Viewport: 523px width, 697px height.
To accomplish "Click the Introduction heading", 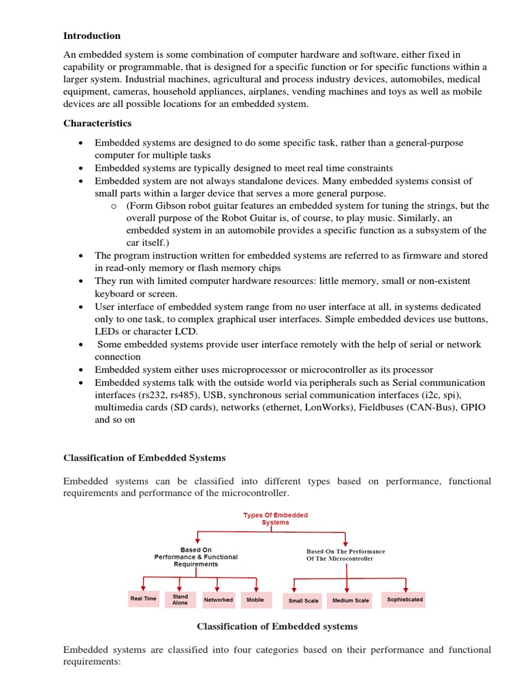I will (92, 35).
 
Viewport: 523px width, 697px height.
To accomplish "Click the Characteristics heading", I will (97, 123).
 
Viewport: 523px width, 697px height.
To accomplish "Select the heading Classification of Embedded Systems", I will (144, 457).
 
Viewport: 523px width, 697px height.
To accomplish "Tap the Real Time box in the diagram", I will (143, 599).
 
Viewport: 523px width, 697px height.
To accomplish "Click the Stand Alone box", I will (180, 599).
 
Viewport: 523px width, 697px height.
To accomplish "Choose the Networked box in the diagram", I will (218, 600).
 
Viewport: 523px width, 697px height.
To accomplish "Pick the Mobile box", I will (255, 600).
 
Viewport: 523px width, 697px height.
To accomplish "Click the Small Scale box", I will (303, 601).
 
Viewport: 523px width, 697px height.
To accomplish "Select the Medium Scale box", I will (351, 600).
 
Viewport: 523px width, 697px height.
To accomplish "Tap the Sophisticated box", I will (405, 600).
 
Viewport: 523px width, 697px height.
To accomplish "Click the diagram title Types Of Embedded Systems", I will (275, 519).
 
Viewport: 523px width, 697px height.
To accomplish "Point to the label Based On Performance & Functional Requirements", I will (196, 557).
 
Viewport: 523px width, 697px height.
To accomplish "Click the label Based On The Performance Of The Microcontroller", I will (345, 555).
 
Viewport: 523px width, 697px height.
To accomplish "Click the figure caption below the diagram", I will (276, 626).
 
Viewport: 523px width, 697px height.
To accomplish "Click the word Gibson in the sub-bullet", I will (169, 206).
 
